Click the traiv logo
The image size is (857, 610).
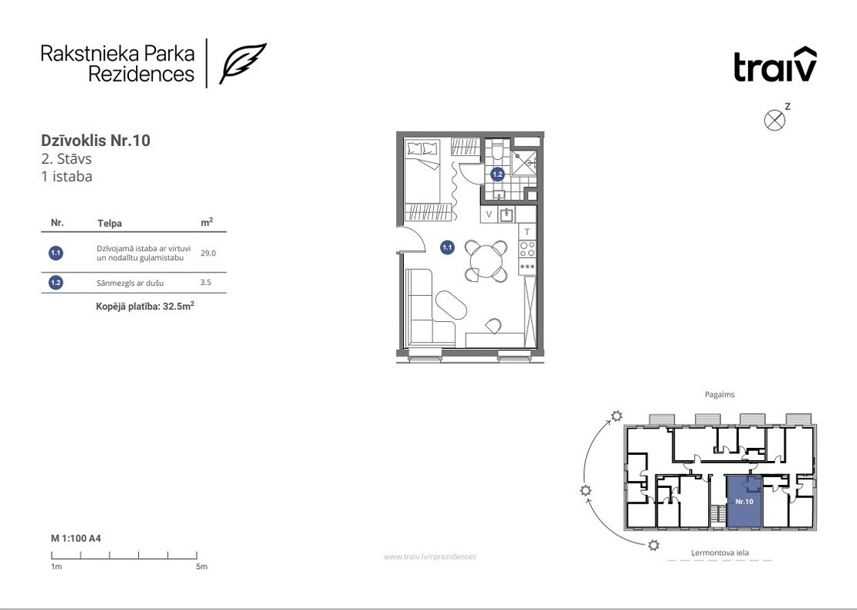[x=775, y=65]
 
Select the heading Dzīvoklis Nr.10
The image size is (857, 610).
[x=96, y=141]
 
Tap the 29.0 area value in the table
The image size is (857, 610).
[x=208, y=253]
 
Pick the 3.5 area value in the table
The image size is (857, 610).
[x=205, y=283]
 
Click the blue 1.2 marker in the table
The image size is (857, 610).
[x=56, y=283]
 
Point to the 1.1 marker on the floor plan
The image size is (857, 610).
[x=447, y=248]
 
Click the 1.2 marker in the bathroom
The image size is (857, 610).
[x=496, y=175]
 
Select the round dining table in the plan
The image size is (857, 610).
[x=486, y=261]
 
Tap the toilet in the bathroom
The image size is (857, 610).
[x=496, y=149]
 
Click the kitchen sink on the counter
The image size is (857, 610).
[x=506, y=214]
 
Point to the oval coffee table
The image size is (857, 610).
[x=452, y=305]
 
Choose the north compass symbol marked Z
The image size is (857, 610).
[x=774, y=120]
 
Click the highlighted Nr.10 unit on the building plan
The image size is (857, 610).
[x=744, y=501]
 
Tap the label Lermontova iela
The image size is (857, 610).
[x=720, y=553]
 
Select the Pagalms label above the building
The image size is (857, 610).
[x=720, y=394]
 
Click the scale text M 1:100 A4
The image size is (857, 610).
[x=76, y=538]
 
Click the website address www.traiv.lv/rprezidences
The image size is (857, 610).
[x=429, y=557]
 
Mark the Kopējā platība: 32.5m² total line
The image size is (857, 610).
[x=145, y=306]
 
